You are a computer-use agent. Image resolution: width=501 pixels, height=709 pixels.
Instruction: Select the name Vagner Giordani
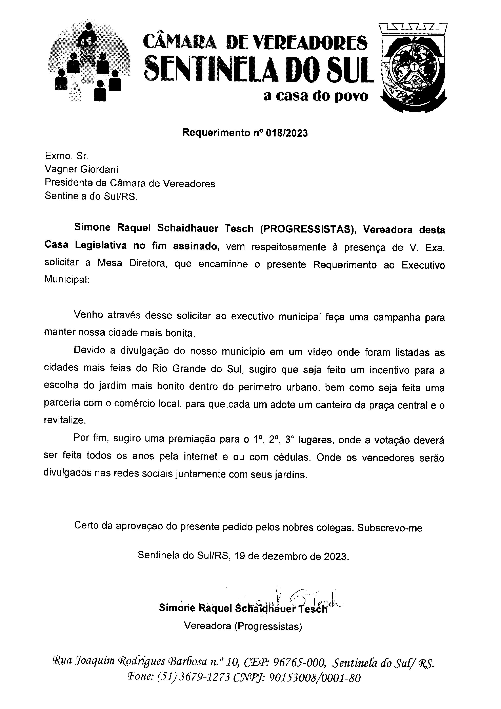point(81,170)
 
